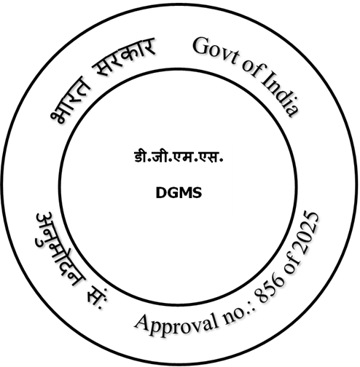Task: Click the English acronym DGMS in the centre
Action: point(179,193)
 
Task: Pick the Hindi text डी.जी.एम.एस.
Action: point(179,157)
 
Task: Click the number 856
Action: point(270,289)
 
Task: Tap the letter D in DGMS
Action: point(161,193)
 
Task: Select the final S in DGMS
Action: point(197,193)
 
